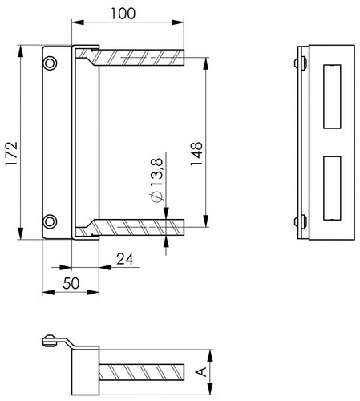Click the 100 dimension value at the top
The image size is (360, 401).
tap(123, 14)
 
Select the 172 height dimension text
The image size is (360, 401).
tap(11, 153)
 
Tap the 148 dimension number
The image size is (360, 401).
tap(196, 154)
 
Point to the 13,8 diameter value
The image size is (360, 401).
tap(156, 172)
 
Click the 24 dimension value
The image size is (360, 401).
tap(125, 259)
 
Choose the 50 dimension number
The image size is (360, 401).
tap(71, 284)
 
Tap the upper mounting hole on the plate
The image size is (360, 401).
tap(50, 63)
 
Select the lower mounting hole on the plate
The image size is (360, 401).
tap(50, 221)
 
